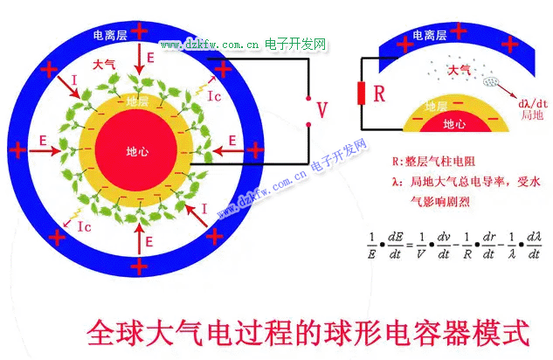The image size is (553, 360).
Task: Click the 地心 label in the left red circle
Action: coord(137,151)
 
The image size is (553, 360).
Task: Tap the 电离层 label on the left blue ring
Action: coord(113,35)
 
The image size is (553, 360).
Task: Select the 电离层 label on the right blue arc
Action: coord(430,36)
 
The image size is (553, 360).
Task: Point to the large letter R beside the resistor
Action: coord(379,94)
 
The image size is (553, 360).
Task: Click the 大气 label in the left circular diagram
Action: coord(103,66)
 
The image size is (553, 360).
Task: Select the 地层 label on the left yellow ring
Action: coord(137,101)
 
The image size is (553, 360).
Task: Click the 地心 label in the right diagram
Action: coord(455,124)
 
